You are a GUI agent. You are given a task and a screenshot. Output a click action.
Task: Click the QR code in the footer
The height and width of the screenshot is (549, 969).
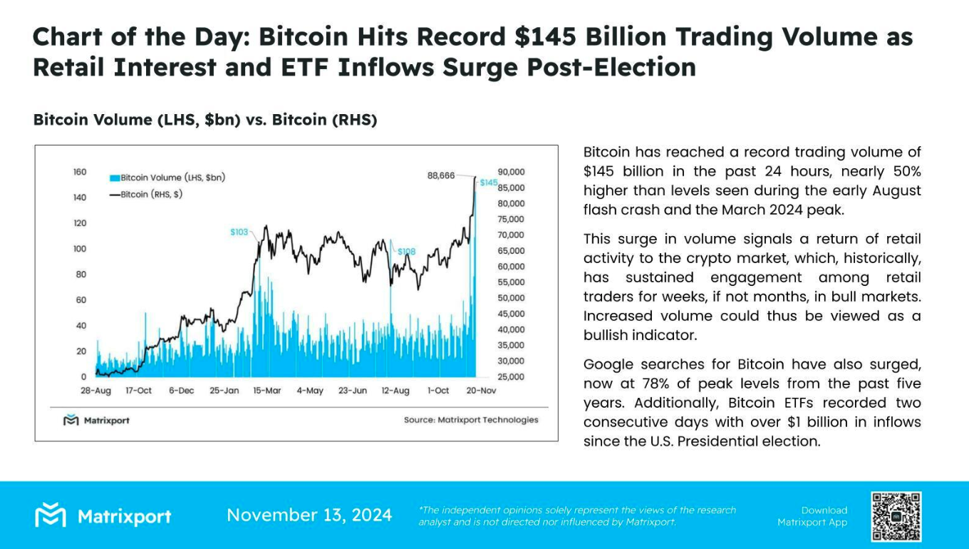click(896, 516)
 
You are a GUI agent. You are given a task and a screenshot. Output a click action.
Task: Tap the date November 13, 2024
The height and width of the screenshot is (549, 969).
click(309, 515)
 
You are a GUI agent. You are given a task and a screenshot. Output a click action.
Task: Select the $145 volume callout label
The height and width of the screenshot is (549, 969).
click(488, 183)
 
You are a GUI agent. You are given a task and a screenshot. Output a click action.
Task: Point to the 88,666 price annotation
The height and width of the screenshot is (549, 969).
click(441, 175)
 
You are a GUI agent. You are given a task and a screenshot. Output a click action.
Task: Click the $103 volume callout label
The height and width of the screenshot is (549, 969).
click(239, 232)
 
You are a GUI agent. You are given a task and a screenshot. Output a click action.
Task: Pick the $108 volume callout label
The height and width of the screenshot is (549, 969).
click(406, 252)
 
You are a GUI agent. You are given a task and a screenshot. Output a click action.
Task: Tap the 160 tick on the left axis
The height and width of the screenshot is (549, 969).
click(79, 172)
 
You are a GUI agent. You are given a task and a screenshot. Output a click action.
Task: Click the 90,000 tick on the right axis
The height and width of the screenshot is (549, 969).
click(511, 172)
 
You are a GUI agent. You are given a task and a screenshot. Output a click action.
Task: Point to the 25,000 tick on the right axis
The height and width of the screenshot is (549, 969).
click(511, 376)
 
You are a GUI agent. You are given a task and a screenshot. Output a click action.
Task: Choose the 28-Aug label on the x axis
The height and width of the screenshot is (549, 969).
click(96, 391)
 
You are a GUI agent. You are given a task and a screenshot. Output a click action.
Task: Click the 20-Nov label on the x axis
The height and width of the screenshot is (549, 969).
click(482, 391)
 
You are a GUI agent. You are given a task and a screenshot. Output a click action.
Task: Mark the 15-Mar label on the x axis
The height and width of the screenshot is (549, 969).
click(267, 391)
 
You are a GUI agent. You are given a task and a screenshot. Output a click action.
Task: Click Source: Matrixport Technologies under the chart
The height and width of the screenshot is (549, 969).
click(471, 420)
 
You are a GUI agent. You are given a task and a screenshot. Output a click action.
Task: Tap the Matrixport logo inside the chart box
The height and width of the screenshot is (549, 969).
click(96, 420)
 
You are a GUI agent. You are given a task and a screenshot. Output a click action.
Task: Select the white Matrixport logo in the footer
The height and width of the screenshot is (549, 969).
click(103, 515)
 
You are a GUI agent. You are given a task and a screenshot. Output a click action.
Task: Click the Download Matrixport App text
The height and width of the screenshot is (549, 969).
click(812, 516)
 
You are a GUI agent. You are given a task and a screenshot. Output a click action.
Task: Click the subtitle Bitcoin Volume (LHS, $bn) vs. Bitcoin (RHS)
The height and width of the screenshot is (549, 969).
click(205, 120)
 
